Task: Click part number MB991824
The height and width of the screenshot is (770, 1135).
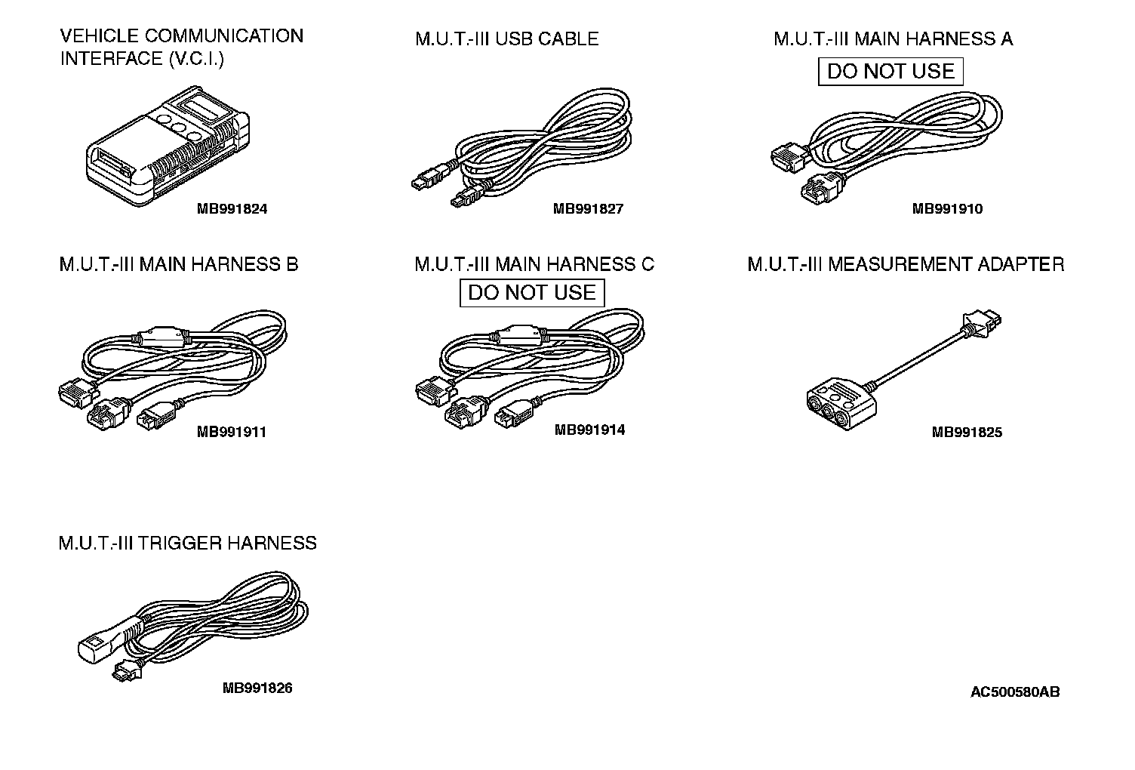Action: tap(232, 209)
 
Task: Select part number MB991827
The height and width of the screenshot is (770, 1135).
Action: tap(588, 209)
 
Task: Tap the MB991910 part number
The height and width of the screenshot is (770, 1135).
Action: tap(947, 209)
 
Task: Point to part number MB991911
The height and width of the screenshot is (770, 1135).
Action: tap(232, 433)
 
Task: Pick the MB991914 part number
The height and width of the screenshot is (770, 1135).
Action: tap(589, 430)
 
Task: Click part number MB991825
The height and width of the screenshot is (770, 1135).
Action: tap(967, 433)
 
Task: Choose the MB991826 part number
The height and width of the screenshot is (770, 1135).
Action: tap(257, 688)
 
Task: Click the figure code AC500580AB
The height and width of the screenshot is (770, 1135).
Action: tap(1015, 692)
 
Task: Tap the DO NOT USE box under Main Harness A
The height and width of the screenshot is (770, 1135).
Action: tap(891, 72)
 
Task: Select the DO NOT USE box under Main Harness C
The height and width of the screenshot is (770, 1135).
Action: tap(532, 293)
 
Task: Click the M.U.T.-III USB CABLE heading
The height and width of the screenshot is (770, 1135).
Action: tap(506, 39)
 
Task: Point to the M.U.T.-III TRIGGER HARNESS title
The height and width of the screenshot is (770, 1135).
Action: tap(187, 544)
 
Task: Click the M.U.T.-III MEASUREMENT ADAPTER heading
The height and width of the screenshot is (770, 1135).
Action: tap(906, 265)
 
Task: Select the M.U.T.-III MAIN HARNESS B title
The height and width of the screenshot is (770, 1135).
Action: tap(179, 265)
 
